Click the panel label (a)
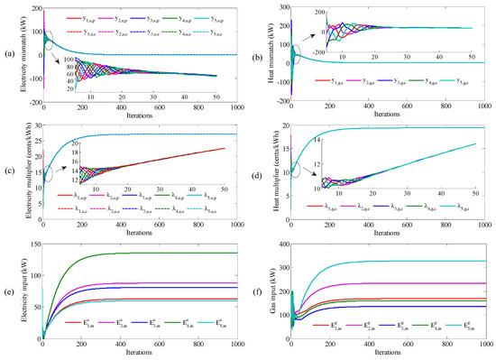[x=7, y=56]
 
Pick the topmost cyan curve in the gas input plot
[x=433, y=261]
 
